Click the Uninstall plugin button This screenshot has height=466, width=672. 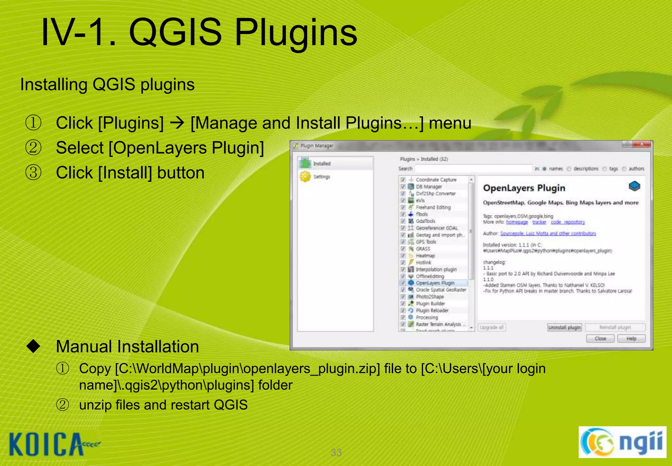click(564, 327)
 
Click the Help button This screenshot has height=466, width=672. click(631, 338)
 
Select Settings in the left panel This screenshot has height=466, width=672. click(322, 177)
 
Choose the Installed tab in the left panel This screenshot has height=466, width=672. click(322, 164)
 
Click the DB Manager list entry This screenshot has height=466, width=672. click(429, 187)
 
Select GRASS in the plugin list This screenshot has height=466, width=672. click(423, 249)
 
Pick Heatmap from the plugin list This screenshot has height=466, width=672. click(425, 256)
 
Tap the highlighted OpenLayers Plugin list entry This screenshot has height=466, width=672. click(435, 283)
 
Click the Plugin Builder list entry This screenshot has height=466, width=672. click(430, 304)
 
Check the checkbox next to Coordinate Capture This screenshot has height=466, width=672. click(403, 180)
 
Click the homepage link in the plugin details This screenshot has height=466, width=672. click(517, 222)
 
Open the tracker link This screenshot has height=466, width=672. click(539, 222)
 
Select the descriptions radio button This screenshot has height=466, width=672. click(569, 169)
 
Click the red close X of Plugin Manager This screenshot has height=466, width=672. click(642, 145)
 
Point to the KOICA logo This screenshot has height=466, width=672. click(52, 444)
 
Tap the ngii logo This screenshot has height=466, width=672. click(622, 442)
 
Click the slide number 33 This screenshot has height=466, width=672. click(336, 453)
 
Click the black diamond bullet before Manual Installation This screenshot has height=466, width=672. click(33, 346)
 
